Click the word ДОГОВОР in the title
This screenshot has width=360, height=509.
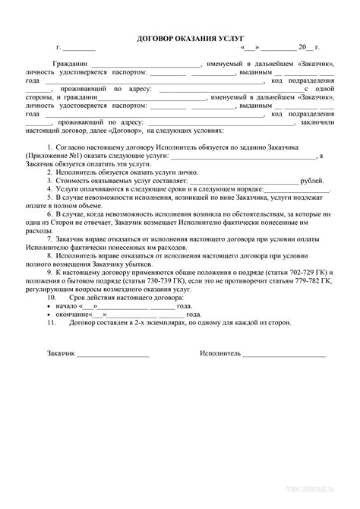(154, 38)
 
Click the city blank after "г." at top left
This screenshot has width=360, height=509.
(78, 49)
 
